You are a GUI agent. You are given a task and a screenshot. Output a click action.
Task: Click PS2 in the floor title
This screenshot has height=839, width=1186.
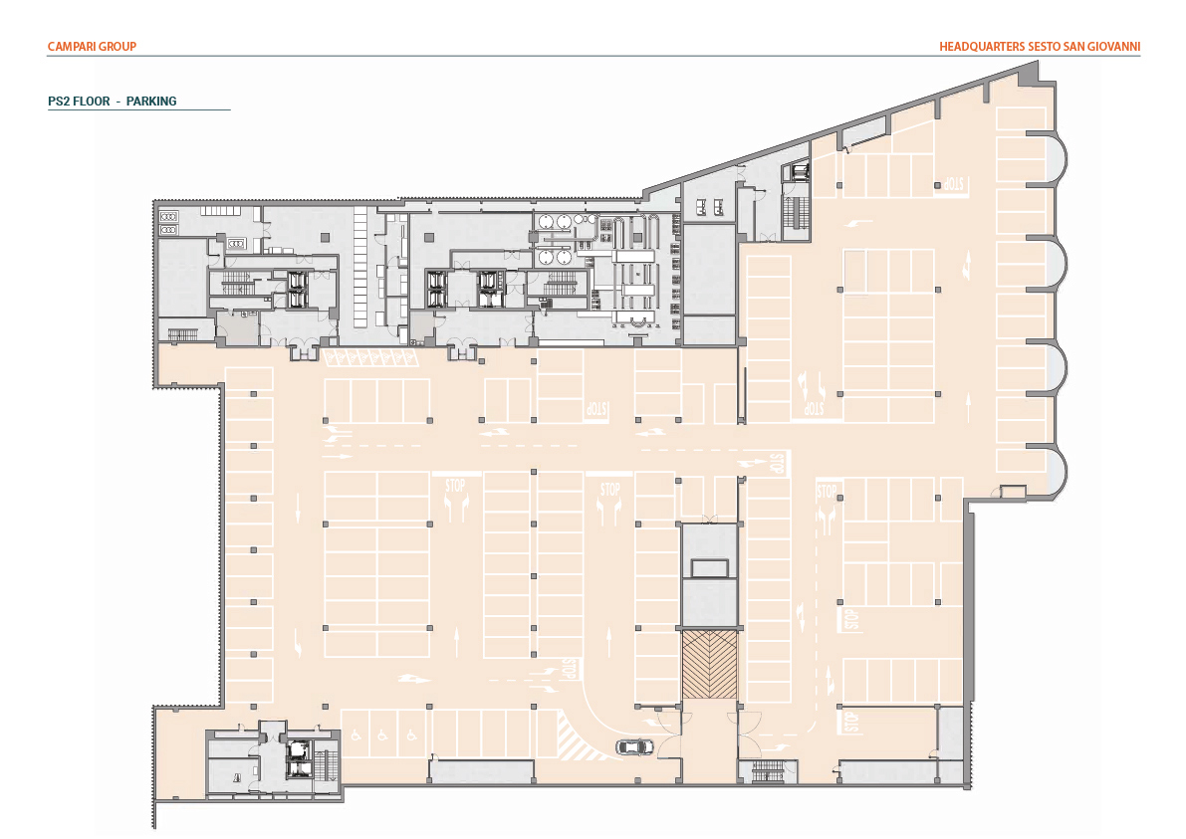59,102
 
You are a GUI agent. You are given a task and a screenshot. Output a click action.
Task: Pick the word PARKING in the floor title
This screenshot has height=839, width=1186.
151,102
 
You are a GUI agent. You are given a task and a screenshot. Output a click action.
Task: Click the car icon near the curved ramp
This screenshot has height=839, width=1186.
634,746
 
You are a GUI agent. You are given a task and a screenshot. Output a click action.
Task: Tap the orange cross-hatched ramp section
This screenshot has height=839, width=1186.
709,665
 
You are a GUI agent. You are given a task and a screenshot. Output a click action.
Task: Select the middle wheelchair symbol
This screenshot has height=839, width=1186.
382,734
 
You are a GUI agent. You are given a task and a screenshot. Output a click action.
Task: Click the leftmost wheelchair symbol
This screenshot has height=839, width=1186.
356,734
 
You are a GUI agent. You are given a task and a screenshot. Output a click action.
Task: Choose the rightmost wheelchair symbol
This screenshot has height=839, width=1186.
411,734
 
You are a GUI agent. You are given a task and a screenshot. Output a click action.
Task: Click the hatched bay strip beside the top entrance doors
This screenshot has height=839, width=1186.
370,356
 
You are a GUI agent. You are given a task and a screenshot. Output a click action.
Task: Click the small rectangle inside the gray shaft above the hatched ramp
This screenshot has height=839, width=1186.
709,567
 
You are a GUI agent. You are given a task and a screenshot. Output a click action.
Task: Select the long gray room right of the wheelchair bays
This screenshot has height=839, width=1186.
481,771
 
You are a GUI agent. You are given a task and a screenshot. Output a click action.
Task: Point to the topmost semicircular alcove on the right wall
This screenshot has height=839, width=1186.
1053,158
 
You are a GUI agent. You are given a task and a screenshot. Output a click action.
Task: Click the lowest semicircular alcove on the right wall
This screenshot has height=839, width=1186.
1053,474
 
